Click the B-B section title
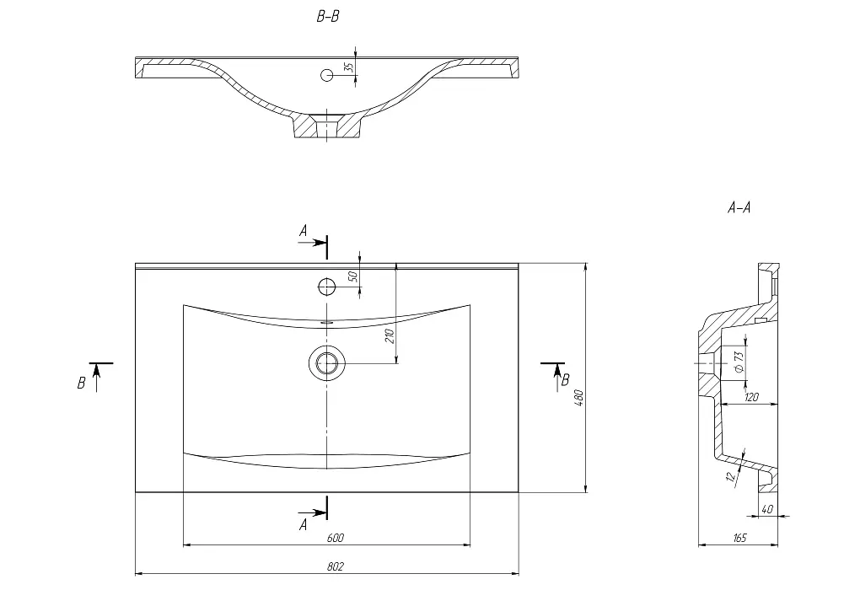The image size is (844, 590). click(x=328, y=17)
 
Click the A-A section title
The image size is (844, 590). click(x=739, y=207)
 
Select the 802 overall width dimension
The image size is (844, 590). click(x=335, y=566)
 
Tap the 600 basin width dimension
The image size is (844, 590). click(x=335, y=538)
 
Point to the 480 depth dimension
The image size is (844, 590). click(x=579, y=398)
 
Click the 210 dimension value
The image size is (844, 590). click(x=390, y=335)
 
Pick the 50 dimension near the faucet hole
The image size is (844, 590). click(x=353, y=277)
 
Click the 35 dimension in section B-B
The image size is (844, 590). click(x=349, y=67)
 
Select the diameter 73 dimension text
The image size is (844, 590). click(x=739, y=362)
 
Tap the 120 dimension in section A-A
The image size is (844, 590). click(x=752, y=397)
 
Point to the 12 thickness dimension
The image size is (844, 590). click(x=731, y=475)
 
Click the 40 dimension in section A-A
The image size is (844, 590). click(x=768, y=509)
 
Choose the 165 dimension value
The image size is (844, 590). click(x=740, y=538)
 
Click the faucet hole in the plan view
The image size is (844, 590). click(x=327, y=287)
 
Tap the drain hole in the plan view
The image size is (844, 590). click(x=327, y=363)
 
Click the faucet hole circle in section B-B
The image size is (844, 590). click(x=327, y=75)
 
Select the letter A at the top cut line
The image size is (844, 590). click(x=304, y=231)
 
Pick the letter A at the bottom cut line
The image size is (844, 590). click(x=304, y=524)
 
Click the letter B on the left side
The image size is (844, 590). click(x=81, y=383)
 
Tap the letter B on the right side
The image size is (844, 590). click(x=565, y=381)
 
